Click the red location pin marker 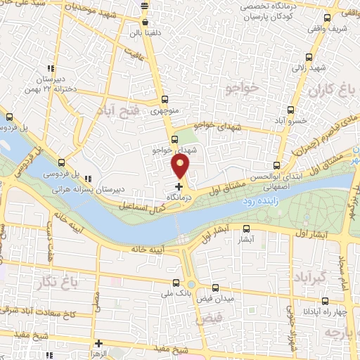(x=181, y=166)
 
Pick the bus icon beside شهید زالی (x=308, y=58)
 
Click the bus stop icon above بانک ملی (x=175, y=283)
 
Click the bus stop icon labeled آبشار (x=246, y=229)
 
